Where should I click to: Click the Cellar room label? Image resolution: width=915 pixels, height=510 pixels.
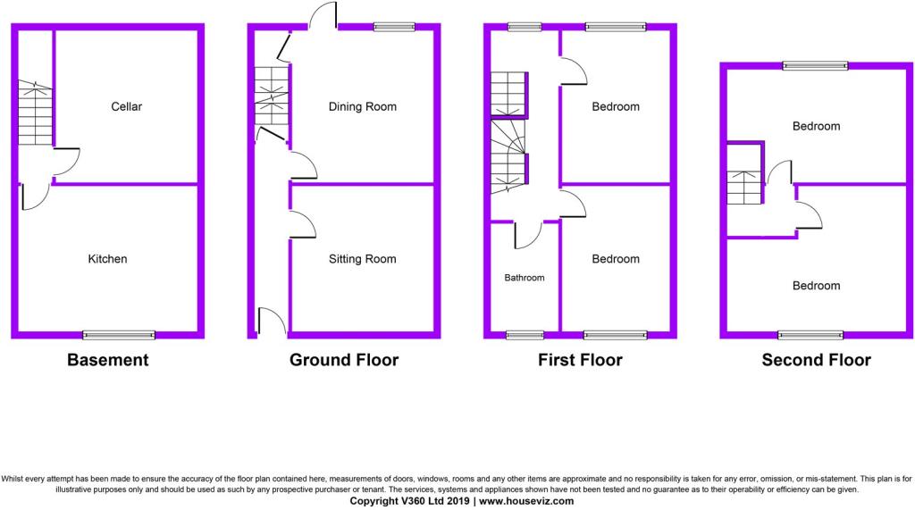[127, 107]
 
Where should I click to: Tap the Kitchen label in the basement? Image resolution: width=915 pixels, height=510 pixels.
[107, 259]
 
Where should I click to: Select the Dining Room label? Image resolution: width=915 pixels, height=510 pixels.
[363, 107]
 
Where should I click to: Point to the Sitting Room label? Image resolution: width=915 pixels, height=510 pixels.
[363, 259]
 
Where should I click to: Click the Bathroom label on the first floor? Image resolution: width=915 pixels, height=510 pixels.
[525, 278]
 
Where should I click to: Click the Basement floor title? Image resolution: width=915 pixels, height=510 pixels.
[108, 360]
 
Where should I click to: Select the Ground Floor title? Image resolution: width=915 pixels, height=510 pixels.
[344, 360]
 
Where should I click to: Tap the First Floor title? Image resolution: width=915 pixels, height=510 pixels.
[580, 360]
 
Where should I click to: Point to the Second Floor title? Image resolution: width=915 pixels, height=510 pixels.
[817, 360]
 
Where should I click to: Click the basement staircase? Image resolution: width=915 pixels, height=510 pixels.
[35, 113]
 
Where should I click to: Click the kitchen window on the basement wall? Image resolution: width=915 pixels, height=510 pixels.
[119, 335]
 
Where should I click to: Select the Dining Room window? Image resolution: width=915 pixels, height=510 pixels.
[394, 27]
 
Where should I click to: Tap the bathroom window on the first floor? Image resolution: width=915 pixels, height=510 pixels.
[525, 335]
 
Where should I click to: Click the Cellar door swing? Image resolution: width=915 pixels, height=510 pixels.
[66, 162]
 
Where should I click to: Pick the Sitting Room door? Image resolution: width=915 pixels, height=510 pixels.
[303, 224]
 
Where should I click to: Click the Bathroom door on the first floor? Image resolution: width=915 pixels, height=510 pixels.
[528, 235]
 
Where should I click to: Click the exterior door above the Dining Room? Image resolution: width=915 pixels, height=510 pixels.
[323, 15]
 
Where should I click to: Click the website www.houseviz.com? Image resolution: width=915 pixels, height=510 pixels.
[526, 501]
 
